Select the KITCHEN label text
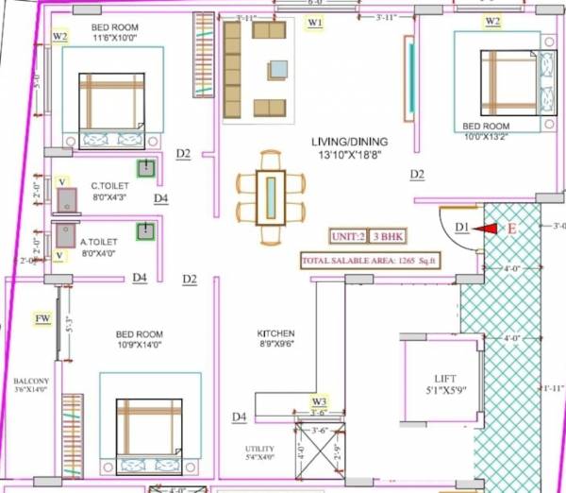pos(275,333)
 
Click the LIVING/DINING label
pos(350,142)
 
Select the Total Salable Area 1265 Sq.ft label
pos(372,261)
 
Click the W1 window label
pos(315,21)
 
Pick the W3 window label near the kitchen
pos(319,402)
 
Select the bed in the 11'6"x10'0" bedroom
pos(111,110)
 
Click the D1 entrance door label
pos(460,227)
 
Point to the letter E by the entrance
pos(512,228)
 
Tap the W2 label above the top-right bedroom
pos(492,21)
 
